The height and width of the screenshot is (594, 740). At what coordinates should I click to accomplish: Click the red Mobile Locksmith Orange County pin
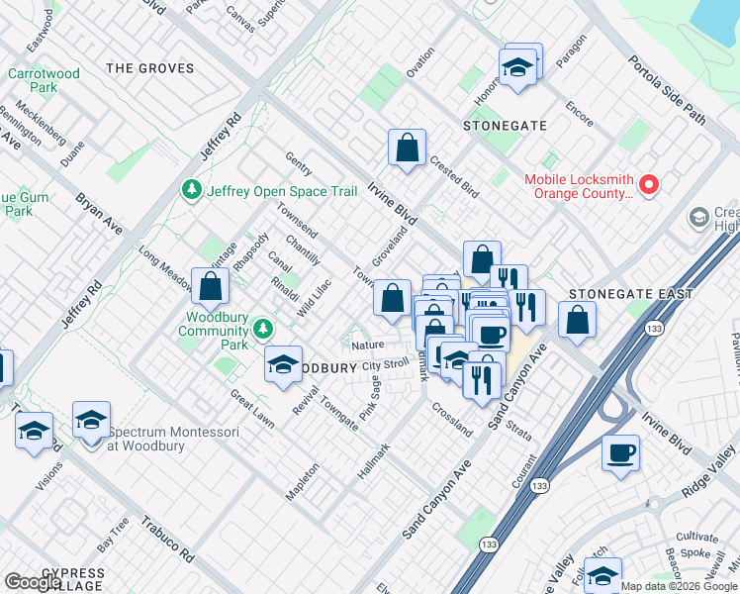click(x=649, y=184)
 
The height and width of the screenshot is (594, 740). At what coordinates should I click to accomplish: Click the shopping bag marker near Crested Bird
click(x=407, y=149)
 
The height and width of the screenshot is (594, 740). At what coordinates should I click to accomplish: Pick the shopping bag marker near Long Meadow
click(x=211, y=288)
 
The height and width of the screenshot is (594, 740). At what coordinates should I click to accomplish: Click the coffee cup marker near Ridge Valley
click(x=620, y=453)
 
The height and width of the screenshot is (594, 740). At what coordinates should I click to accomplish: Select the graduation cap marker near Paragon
click(x=517, y=68)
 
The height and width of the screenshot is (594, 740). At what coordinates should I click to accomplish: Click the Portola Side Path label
click(x=668, y=90)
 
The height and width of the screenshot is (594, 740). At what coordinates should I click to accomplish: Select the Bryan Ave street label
click(x=99, y=214)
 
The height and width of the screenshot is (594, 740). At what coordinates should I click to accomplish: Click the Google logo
click(x=33, y=582)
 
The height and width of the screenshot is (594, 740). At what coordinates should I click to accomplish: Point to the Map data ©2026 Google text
click(x=679, y=586)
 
